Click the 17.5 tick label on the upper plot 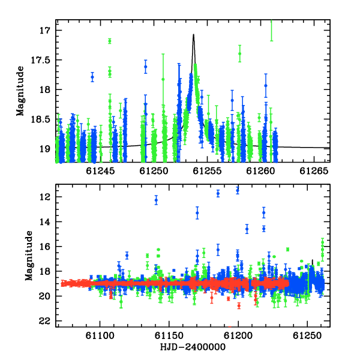pos(40,60)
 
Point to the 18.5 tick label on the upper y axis pos(40,119)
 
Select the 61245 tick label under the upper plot pos(100,171)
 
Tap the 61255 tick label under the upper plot pos(207,171)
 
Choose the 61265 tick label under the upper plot pos(314,171)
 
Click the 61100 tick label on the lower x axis pos(100,335)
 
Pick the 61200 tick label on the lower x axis pos(238,335)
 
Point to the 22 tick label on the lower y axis pos(44,321)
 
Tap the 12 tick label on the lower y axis pos(45,197)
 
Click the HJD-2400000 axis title pos(193,347)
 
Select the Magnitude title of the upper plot pos(20,91)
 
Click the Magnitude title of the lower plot pos(29,256)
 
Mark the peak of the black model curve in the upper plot pos(194,34)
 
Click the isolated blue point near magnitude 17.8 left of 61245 pos(92,77)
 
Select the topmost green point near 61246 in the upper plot pos(110,41)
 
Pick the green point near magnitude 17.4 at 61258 pos(239,54)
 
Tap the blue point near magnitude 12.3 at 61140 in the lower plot pos(156,200)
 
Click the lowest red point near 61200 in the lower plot pos(239,306)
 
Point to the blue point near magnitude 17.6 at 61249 pos(146,67)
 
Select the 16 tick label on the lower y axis pos(45,247)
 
